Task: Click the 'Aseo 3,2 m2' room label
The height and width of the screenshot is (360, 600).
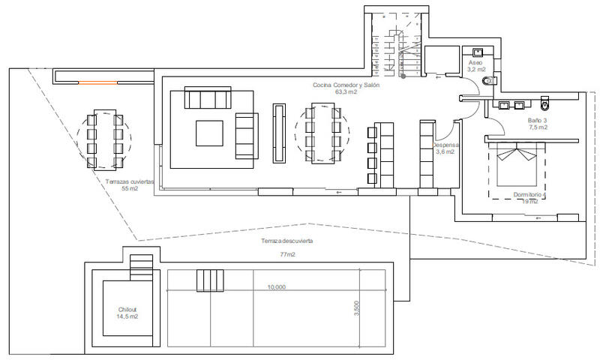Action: coord(475,65)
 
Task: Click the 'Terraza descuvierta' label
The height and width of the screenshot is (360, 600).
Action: coord(286,241)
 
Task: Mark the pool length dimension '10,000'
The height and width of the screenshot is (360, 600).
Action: coord(276,286)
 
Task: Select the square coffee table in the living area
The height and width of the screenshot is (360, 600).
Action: coord(210,133)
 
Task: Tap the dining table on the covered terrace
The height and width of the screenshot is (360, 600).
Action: coord(104,140)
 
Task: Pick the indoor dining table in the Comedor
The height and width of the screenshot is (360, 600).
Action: coord(322,135)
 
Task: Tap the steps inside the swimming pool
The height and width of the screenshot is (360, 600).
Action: coord(210,280)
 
